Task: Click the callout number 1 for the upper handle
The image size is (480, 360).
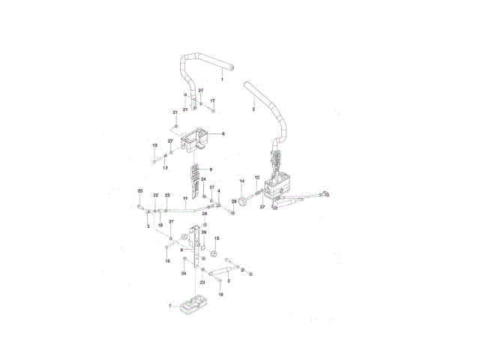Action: coord(222,79)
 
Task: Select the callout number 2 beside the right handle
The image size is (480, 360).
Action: coord(253,109)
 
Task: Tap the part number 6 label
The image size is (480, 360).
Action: coord(223,133)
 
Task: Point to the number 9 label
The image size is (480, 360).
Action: coord(211,169)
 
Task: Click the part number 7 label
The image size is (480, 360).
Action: coord(170,306)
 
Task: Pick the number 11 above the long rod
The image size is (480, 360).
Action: coord(184,199)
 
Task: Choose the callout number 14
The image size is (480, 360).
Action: coord(241,181)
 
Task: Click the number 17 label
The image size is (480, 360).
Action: coord(212,100)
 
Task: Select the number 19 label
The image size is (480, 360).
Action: coord(154,145)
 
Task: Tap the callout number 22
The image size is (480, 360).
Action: coord(155,196)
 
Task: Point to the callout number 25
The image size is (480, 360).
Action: coord(167,196)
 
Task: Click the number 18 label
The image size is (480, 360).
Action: coord(220,295)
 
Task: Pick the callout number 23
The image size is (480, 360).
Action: coord(202,283)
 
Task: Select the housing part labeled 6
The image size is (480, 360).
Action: coord(199,139)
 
